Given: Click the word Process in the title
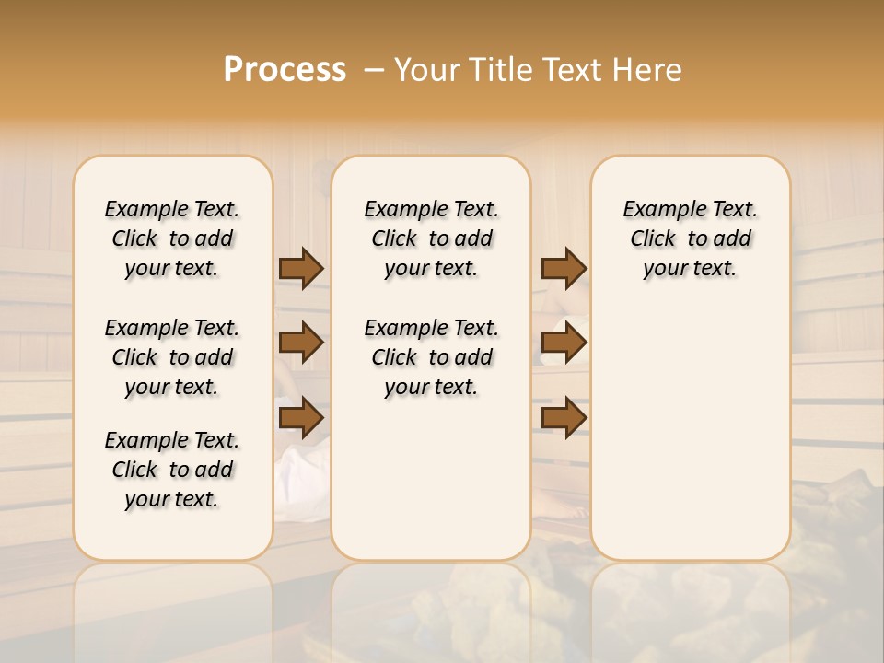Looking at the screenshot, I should tap(285, 69).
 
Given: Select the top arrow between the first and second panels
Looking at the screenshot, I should tap(301, 268).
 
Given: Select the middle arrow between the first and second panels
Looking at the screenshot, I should tap(301, 343).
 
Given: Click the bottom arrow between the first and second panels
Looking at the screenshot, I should tap(301, 417).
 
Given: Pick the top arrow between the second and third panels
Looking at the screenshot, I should tap(564, 268).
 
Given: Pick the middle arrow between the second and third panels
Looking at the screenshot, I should tap(564, 343).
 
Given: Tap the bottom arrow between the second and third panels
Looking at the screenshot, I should tap(564, 417).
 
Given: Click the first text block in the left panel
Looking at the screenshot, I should tap(172, 238).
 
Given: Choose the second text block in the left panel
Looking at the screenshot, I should tap(172, 357).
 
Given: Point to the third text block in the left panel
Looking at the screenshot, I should tap(172, 470).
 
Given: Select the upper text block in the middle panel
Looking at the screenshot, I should tap(431, 238).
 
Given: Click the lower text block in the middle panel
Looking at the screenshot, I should tap(431, 357).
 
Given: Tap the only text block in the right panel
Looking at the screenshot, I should tap(690, 238).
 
